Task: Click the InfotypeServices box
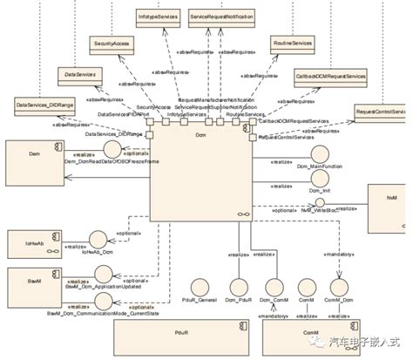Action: point(159,17)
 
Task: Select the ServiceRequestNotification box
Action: point(221,17)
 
